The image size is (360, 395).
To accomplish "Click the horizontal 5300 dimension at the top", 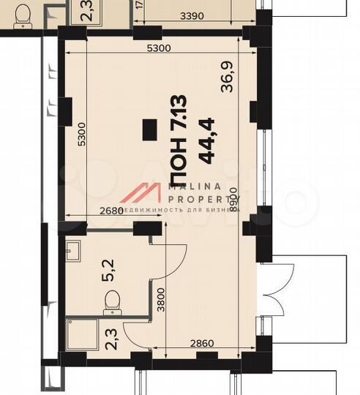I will [x=158, y=49].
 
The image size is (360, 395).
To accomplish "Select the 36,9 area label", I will [x=230, y=77].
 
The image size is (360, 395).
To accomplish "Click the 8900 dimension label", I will [x=233, y=198].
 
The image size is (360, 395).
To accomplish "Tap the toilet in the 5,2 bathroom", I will [x=113, y=301].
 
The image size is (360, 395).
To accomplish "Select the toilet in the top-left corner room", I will [x=22, y=12].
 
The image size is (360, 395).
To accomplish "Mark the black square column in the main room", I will [x=149, y=129].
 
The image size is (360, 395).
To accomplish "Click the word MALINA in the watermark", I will [x=195, y=187].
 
